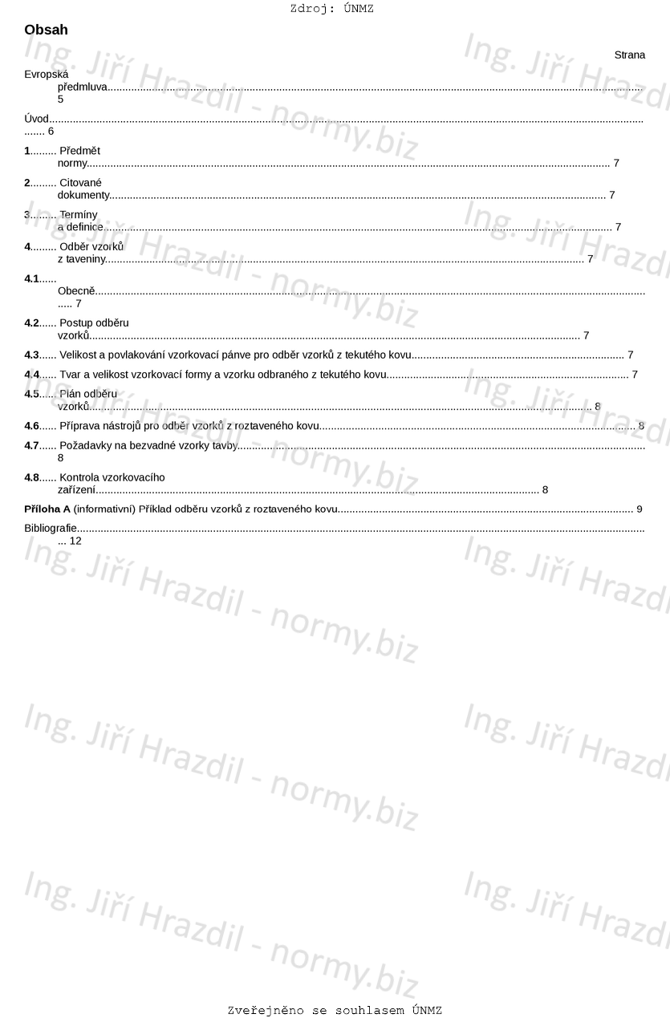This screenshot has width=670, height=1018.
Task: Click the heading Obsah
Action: pyautogui.click(x=46, y=30)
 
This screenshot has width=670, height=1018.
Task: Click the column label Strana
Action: pyautogui.click(x=629, y=55)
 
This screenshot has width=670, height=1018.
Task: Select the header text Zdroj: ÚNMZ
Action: pyautogui.click(x=331, y=9)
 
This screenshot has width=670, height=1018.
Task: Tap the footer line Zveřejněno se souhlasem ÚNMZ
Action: pyautogui.click(x=335, y=1011)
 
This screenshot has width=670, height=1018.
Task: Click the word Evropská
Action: pyautogui.click(x=47, y=75)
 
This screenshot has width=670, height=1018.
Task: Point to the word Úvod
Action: pyautogui.click(x=36, y=120)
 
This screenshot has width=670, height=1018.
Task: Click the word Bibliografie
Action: pyautogui.click(x=51, y=529)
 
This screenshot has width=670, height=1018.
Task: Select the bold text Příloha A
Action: pyautogui.click(x=47, y=509)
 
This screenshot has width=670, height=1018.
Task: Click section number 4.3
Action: pyautogui.click(x=31, y=355)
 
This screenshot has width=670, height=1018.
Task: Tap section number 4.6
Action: pyautogui.click(x=31, y=426)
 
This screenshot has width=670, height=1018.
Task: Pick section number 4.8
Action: pyautogui.click(x=31, y=477)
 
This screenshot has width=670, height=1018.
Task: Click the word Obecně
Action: pyautogui.click(x=76, y=291)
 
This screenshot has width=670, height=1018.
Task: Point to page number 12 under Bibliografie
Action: pyautogui.click(x=75, y=541)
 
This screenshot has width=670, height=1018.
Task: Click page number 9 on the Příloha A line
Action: pyautogui.click(x=639, y=509)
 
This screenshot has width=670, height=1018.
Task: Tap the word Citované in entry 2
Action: pyautogui.click(x=80, y=183)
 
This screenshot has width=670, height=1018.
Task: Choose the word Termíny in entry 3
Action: pyautogui.click(x=79, y=215)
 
